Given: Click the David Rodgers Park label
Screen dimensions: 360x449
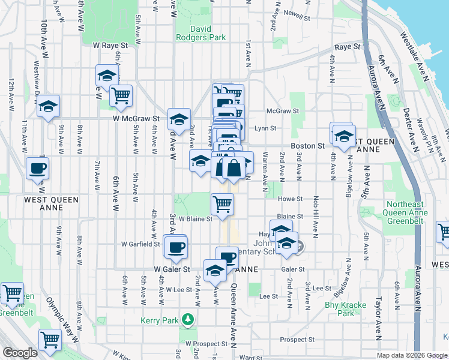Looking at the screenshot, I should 200,33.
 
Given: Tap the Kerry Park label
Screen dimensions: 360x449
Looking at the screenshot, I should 158,320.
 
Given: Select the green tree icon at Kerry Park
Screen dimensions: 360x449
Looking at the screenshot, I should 188,319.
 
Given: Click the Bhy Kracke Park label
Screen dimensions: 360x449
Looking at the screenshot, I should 345,309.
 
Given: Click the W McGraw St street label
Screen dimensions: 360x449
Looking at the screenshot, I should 136,119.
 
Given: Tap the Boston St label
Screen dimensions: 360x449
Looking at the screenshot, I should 307,146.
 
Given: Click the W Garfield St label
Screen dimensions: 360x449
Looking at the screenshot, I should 140,244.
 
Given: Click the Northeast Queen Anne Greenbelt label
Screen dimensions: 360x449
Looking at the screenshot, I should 407,213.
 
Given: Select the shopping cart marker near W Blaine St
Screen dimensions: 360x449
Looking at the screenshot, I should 222,204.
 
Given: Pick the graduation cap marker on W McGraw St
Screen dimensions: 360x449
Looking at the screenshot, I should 179,119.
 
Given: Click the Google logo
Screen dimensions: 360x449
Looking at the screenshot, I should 20,353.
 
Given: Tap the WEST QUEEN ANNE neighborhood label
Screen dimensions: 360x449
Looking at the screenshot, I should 48,199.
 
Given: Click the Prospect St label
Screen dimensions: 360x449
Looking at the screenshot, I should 293,340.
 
